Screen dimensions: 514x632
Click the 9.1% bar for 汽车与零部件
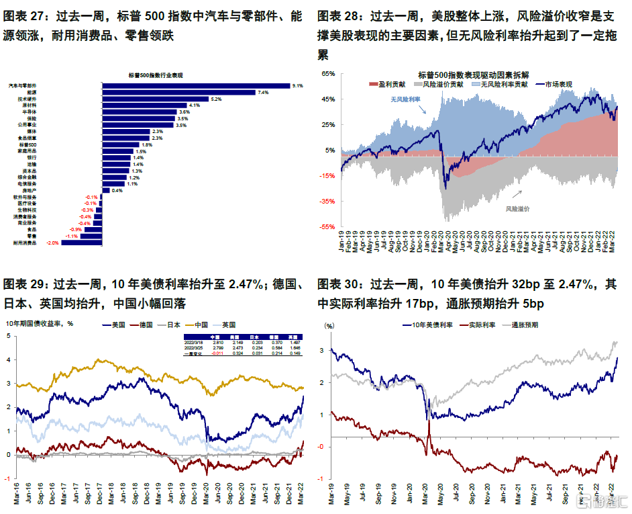pyautogui.click(x=195, y=86)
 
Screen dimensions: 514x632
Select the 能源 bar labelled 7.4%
pyautogui.click(x=178, y=93)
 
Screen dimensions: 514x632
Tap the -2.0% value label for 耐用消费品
pyautogui.click(x=51, y=243)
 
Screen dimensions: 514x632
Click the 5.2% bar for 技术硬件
pyautogui.click(x=155, y=99)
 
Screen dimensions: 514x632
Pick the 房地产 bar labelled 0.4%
pyautogui.click(x=106, y=190)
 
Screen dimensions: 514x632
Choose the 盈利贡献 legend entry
pyautogui.click(x=390, y=85)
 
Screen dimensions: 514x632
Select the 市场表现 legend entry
pyautogui.click(x=558, y=85)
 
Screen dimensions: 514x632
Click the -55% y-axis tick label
pyautogui.click(x=327, y=227)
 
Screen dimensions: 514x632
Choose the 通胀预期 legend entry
pyautogui.click(x=525, y=324)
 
